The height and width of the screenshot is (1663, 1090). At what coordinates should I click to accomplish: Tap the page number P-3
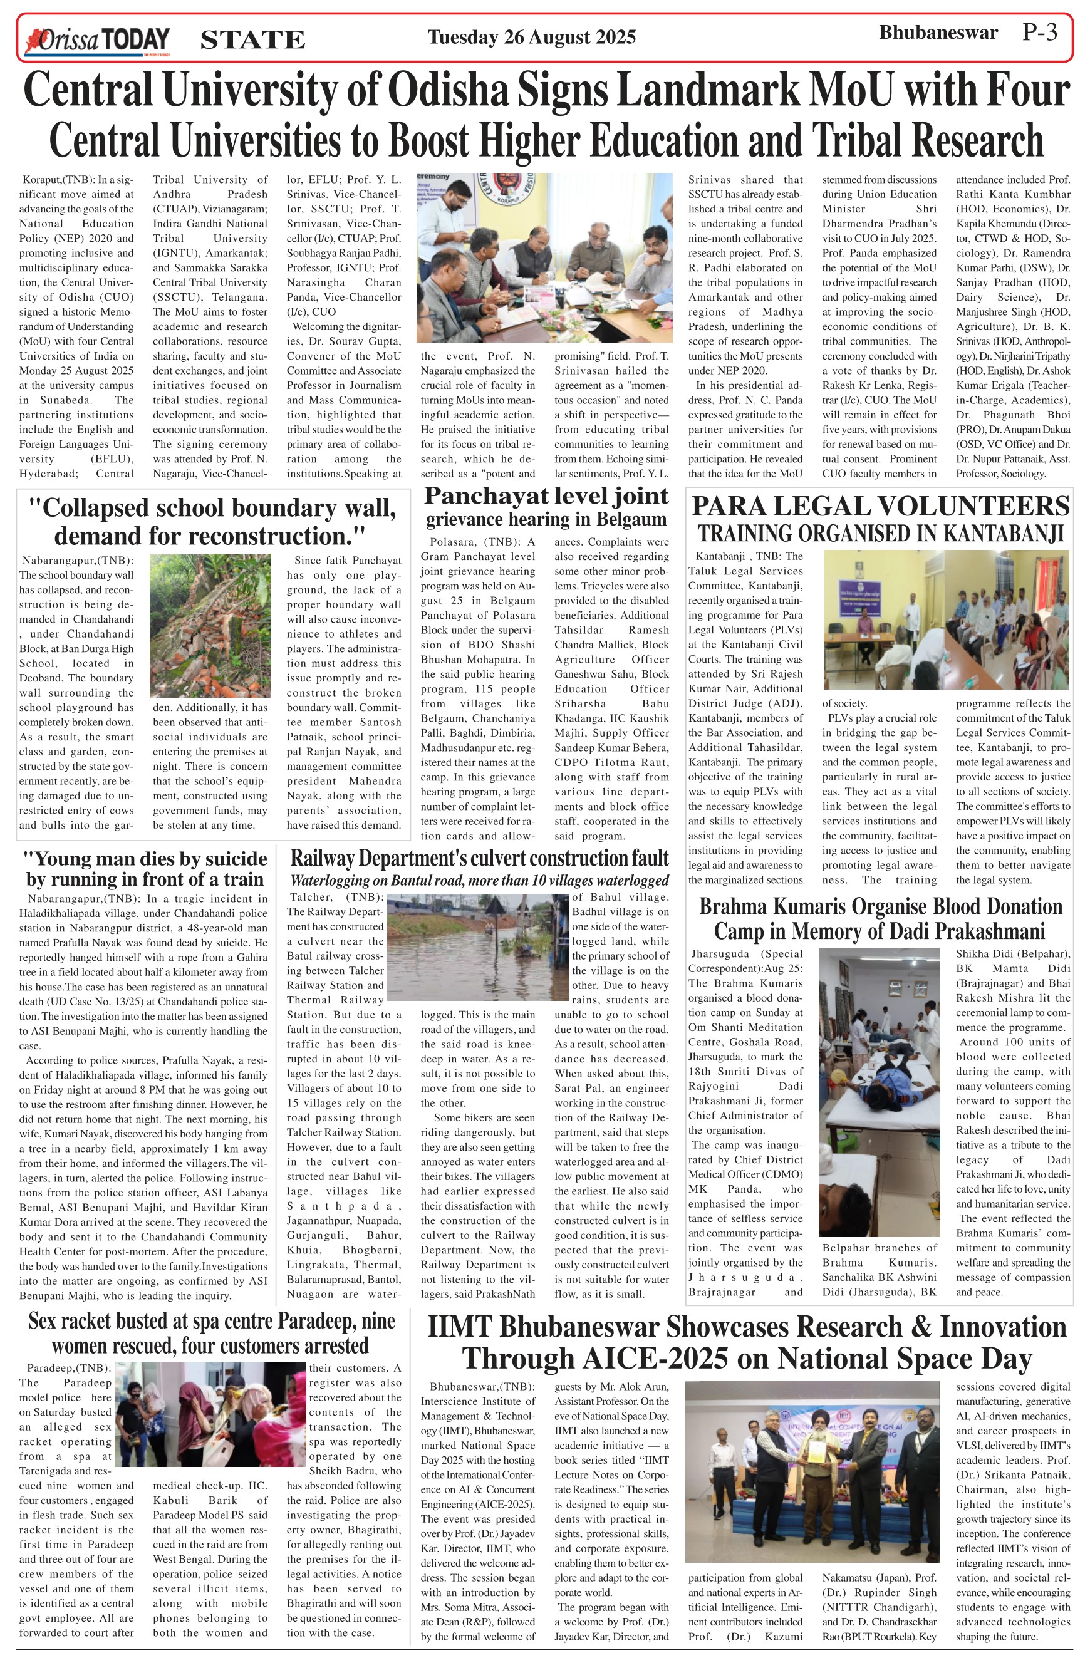point(1040,33)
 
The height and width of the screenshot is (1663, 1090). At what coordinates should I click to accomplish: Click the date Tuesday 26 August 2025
point(531,37)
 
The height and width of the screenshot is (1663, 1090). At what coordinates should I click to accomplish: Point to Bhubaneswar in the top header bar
point(938,33)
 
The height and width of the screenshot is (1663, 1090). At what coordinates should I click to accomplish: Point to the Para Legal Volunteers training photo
point(946,619)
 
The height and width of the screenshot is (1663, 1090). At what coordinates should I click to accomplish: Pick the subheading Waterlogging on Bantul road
point(479,881)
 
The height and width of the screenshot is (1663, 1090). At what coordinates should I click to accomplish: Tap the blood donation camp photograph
point(879,1091)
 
